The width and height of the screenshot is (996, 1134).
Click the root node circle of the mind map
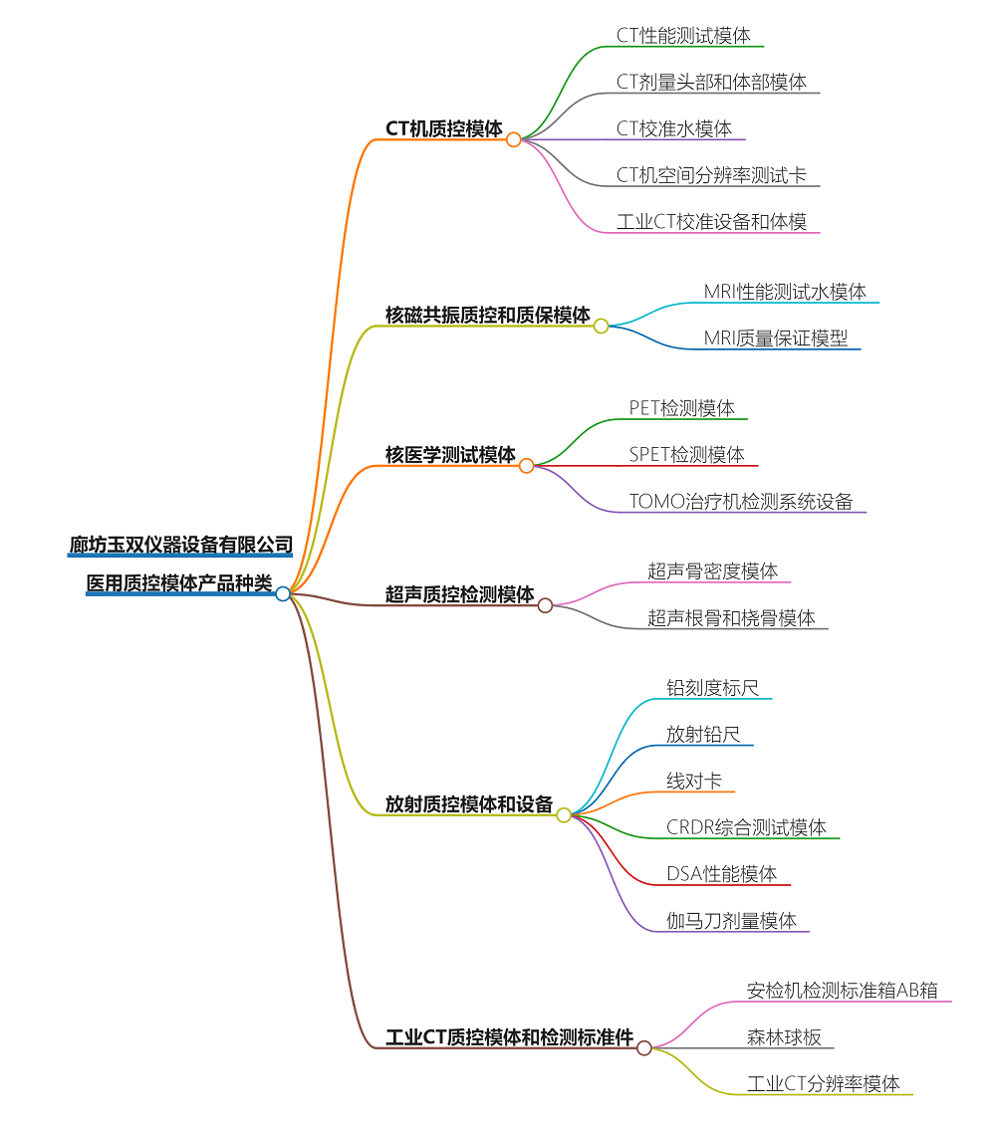pos(283,593)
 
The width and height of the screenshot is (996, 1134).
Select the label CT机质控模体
pos(444,128)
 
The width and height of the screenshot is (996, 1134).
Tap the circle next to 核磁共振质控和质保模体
pos(601,326)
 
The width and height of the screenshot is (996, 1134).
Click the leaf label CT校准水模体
pos(674,128)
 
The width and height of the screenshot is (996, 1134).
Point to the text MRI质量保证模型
pos(776,339)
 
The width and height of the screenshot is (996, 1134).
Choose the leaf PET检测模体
pos(682,408)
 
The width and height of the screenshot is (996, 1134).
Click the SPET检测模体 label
pos(687,455)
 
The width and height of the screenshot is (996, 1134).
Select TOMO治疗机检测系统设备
pos(741,502)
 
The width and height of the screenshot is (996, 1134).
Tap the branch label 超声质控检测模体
pos(460,594)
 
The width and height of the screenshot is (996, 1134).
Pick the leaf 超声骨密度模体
pos(713,571)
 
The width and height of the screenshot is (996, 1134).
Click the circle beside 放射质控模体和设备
pos(564,814)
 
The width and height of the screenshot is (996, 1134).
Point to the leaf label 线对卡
pos(694,782)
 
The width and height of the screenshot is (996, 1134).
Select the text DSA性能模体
pos(722,874)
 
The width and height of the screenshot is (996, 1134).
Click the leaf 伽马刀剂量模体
pos(732,921)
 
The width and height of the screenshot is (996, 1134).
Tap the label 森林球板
pos(785,1037)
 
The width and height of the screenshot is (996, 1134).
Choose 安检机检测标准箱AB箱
pos(843,991)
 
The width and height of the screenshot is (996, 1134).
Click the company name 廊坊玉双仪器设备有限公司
pos(181,545)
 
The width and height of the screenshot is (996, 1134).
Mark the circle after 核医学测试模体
pos(527,465)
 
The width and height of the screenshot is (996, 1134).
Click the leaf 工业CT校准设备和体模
pos(712,222)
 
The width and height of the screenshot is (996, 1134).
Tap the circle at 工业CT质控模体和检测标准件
pos(644,1047)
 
